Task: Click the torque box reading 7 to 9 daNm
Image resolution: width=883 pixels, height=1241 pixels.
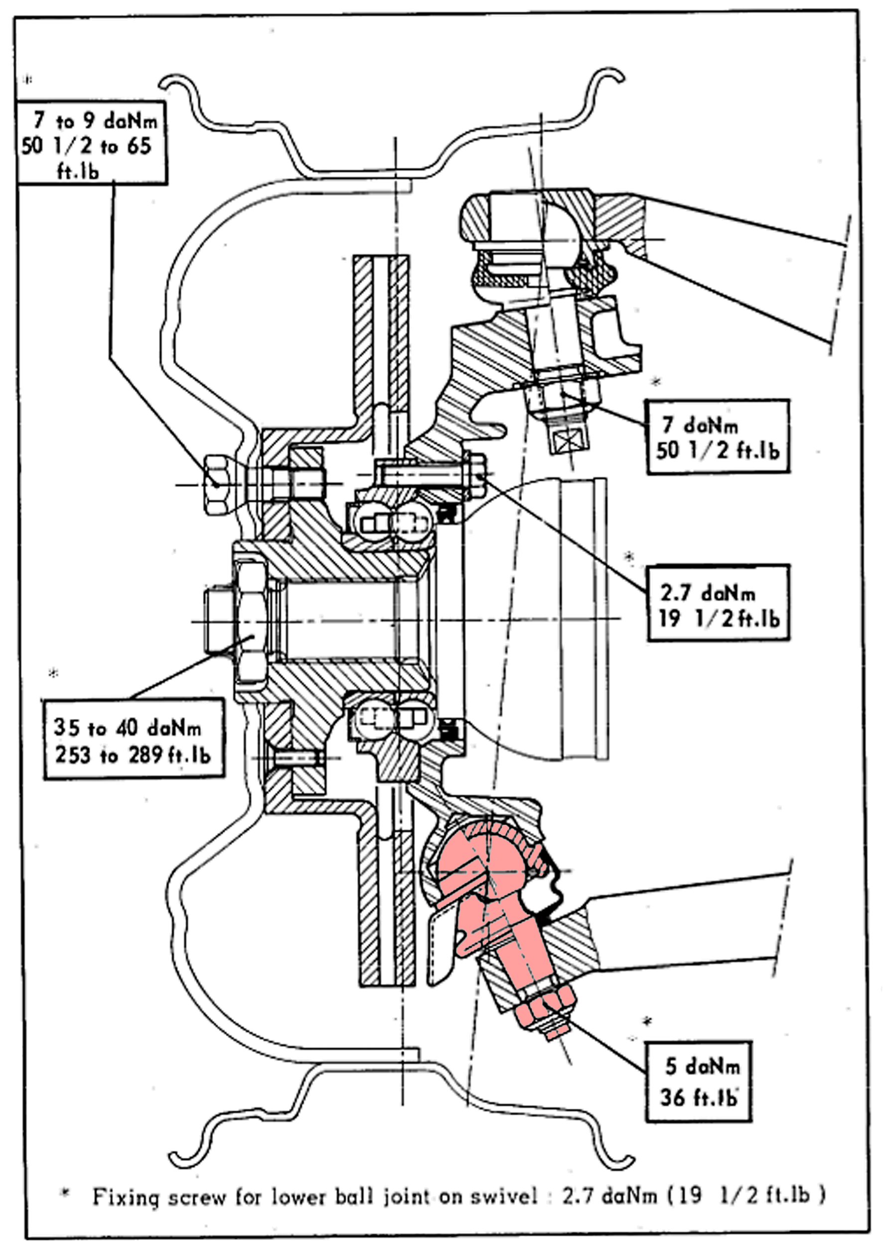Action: click(91, 143)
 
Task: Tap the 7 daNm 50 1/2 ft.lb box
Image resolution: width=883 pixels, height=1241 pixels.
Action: click(717, 436)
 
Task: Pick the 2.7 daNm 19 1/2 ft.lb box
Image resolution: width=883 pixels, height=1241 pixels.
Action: click(717, 603)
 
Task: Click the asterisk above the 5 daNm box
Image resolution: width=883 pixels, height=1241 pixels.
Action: click(646, 1021)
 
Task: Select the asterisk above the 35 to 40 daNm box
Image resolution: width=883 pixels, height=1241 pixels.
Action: click(53, 673)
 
